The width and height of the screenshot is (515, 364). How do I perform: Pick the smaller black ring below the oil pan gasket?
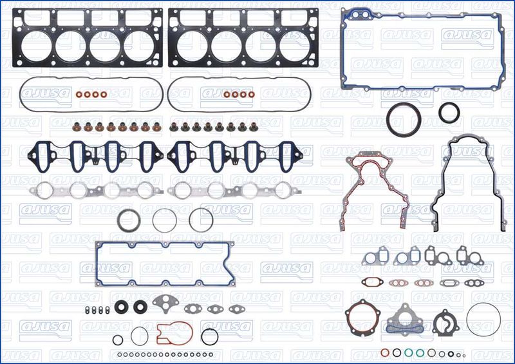pyautogui.click(x=449, y=112)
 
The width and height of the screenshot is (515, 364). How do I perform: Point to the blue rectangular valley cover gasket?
pyautogui.click(x=97, y=264)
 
